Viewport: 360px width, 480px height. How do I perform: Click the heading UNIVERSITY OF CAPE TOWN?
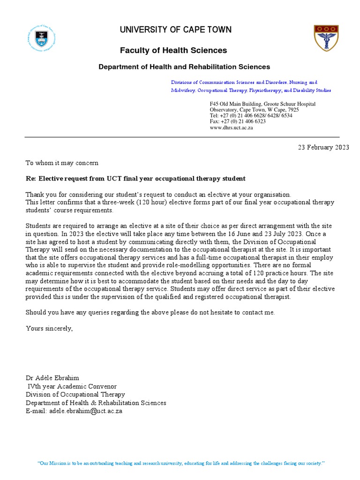[x=175, y=30]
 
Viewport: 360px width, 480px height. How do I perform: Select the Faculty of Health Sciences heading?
[x=173, y=50]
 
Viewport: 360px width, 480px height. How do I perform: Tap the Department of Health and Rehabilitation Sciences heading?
[x=184, y=67]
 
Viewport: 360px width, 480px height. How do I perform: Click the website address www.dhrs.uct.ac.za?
[x=231, y=127]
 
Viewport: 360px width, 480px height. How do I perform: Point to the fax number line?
[x=238, y=121]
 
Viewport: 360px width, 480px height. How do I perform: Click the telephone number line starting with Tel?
[x=251, y=115]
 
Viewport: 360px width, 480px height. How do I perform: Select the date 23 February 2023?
[x=323, y=147]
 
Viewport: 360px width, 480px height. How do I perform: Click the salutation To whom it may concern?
[x=62, y=163]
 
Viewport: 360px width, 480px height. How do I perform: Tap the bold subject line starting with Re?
[x=135, y=179]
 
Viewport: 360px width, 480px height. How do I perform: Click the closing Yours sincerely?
[x=49, y=328]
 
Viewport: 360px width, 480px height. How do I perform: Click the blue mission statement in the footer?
[x=180, y=450]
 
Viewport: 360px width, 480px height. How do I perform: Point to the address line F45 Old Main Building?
[x=262, y=104]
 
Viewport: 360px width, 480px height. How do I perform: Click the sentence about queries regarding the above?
[x=150, y=313]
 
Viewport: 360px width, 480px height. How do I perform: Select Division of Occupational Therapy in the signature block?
[x=75, y=395]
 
